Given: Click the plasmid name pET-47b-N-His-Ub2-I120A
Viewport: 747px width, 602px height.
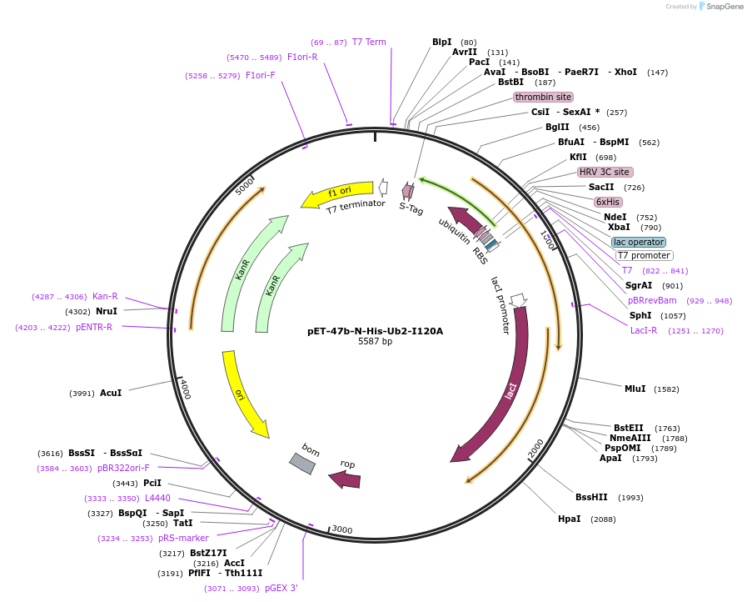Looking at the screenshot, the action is pyautogui.click(x=375, y=331).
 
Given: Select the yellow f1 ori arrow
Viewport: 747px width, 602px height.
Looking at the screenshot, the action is pyautogui.click(x=336, y=193).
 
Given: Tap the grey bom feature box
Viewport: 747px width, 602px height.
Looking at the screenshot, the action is pyautogui.click(x=302, y=464).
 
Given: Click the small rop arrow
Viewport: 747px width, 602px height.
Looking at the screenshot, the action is pyautogui.click(x=345, y=479).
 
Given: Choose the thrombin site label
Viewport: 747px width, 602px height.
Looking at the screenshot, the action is pyautogui.click(x=543, y=97).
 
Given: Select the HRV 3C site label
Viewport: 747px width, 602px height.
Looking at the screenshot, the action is pyautogui.click(x=604, y=172).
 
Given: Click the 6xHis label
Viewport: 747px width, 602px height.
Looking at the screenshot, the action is pyautogui.click(x=608, y=202).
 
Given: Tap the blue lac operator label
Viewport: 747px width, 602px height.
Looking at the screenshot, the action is pyautogui.click(x=639, y=242).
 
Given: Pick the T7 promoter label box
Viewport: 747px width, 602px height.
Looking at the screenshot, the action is pyautogui.click(x=644, y=255).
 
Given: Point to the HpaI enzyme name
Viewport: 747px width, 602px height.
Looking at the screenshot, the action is pyautogui.click(x=570, y=519).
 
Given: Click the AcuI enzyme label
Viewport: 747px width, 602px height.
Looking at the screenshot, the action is pyautogui.click(x=111, y=393).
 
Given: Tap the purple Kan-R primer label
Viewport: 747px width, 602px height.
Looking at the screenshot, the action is pyautogui.click(x=105, y=296).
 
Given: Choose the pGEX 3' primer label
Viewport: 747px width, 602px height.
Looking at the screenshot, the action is pyautogui.click(x=281, y=588).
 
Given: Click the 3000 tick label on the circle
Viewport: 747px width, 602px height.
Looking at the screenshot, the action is pyautogui.click(x=342, y=529).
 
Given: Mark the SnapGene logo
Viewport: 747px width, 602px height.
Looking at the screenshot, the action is pyautogui.click(x=721, y=6).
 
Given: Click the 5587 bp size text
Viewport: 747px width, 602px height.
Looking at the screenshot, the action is pyautogui.click(x=375, y=341).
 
